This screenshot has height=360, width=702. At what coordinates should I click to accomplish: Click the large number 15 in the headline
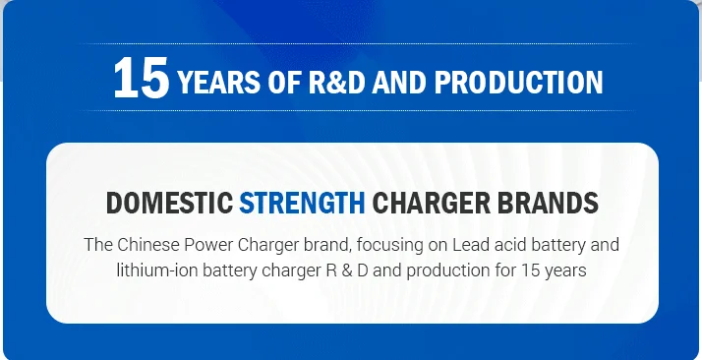click(142, 78)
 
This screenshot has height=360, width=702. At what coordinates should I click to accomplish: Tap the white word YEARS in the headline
click(219, 83)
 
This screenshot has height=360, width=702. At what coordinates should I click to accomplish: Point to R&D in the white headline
click(336, 83)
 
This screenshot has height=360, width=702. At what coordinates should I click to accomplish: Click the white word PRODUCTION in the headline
click(518, 83)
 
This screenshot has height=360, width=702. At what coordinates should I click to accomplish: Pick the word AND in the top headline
click(399, 83)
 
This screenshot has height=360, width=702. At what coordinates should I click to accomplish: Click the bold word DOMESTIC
click(170, 203)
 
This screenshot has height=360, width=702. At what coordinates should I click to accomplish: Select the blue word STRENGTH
click(302, 203)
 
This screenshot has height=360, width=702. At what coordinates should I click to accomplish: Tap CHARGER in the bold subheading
click(432, 203)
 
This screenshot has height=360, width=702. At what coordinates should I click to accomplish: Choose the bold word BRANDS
click(548, 203)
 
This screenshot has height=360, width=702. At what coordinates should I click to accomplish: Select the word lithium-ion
click(156, 270)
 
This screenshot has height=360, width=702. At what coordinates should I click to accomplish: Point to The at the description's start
click(98, 245)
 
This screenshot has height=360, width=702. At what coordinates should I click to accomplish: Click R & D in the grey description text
click(345, 270)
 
